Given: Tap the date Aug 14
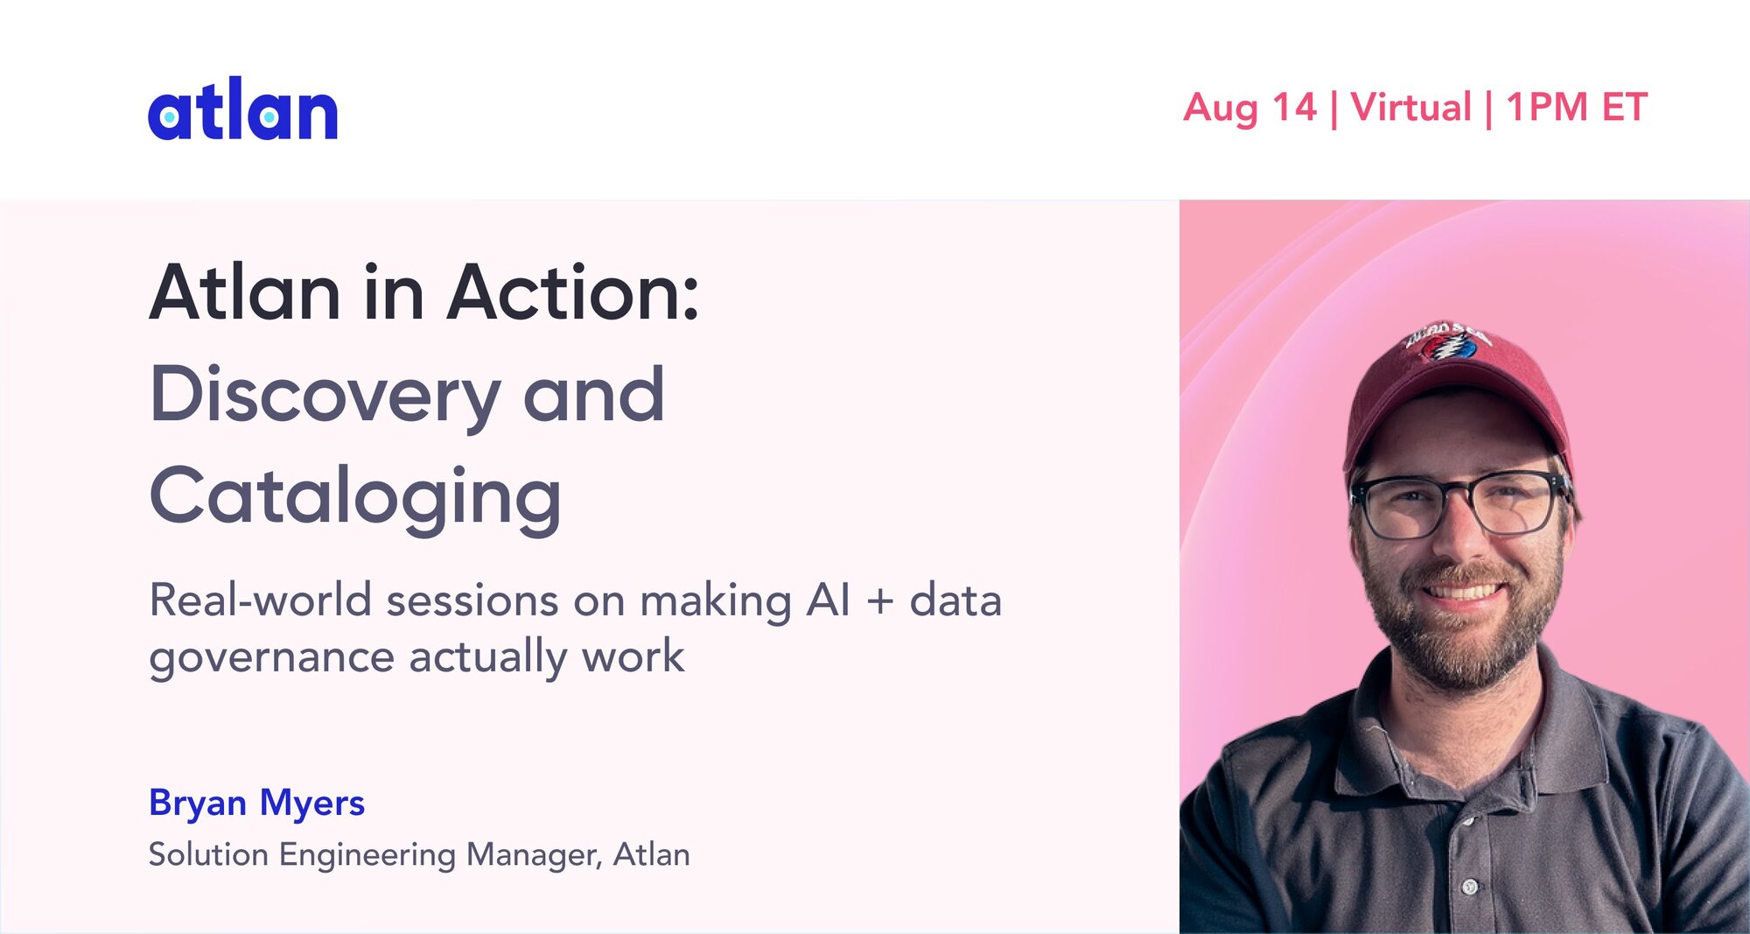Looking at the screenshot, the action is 1249,109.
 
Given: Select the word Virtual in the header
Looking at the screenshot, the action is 1411,108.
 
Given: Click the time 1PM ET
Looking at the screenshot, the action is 1577,108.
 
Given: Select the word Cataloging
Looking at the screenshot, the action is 355,498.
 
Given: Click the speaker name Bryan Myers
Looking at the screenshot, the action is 256,804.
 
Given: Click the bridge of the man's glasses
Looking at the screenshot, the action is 1458,495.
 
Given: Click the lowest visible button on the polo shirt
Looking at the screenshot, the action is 1470,887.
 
